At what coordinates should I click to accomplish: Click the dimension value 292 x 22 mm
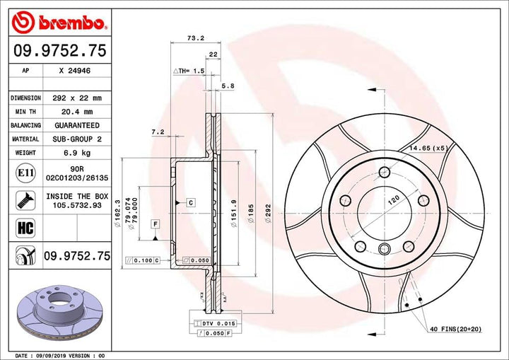click(78, 98)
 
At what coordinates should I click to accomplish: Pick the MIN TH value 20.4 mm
click(78, 112)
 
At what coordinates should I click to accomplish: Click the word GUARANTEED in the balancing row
click(78, 125)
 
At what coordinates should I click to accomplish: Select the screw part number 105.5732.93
click(78, 205)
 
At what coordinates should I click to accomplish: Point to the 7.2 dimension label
click(158, 132)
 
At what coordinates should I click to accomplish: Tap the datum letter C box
click(190, 202)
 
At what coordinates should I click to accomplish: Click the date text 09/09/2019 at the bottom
click(53, 354)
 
